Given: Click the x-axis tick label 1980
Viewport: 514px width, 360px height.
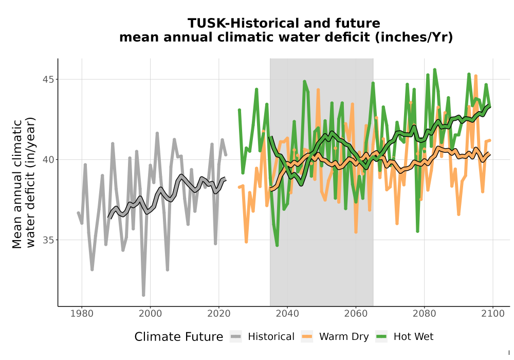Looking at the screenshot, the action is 82,314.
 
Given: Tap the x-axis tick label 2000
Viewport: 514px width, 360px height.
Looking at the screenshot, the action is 150,314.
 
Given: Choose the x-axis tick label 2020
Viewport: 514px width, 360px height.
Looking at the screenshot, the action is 218,314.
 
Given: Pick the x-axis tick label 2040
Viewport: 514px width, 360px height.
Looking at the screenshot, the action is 287,314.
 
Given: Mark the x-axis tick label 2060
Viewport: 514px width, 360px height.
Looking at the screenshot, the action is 356,314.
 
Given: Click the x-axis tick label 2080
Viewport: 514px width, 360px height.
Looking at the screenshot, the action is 424,314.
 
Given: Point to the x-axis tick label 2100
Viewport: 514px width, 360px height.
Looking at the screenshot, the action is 493,314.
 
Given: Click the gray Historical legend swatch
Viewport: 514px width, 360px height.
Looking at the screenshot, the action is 236,337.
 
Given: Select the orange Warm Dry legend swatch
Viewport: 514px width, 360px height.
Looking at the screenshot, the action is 307,337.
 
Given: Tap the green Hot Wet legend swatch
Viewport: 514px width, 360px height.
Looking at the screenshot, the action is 381,337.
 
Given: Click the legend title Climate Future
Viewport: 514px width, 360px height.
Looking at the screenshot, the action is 179,337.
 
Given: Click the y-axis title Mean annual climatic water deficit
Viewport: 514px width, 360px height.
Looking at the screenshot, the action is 23,184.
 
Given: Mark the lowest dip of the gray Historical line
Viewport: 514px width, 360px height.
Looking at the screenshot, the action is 143,295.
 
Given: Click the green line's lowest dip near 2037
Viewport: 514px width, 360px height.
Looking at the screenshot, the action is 277,245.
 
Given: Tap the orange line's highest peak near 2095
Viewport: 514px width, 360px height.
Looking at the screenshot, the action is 475,76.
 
